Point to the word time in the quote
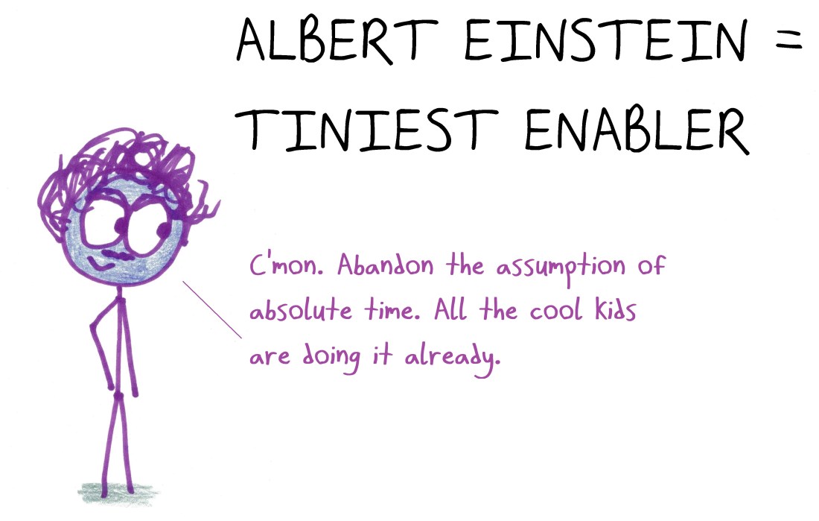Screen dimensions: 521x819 (382, 311)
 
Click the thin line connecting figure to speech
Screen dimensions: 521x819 (212, 309)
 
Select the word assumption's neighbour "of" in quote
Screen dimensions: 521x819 (651, 268)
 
